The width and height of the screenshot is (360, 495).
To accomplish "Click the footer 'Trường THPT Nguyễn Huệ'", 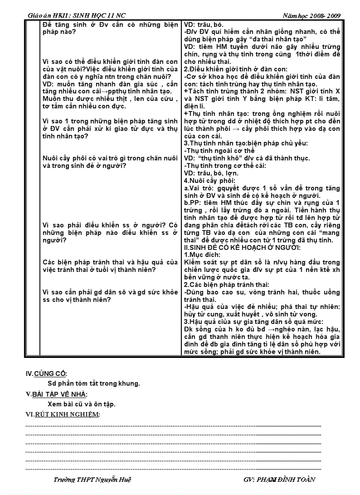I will pos(91,480).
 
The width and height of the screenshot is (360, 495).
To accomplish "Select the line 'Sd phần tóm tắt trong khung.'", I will pos(94,383).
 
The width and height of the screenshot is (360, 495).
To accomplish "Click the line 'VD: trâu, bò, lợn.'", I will pos(211,173).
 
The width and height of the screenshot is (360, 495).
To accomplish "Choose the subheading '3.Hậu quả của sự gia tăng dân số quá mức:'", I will pos(254,322).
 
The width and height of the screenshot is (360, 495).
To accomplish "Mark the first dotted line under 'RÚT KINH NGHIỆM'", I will pos(173,426).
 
